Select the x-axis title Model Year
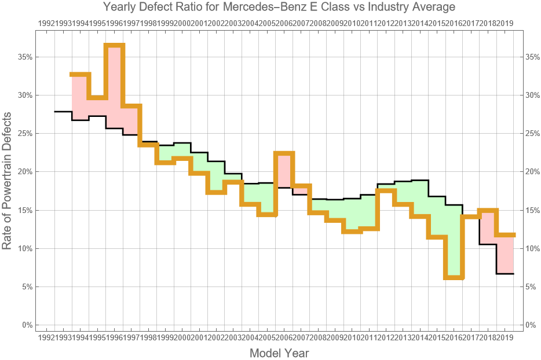click(x=279, y=352)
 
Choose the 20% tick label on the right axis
click(x=533, y=172)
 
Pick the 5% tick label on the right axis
click(x=531, y=287)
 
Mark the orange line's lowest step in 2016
click(x=454, y=278)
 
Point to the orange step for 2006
click(x=284, y=153)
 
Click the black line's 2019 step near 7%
click(x=505, y=274)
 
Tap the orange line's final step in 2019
click(x=505, y=234)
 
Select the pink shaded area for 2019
click(x=505, y=255)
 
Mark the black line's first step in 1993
click(x=63, y=112)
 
